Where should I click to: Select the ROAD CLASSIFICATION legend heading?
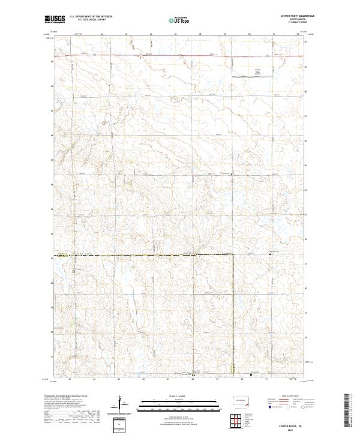click(289, 397)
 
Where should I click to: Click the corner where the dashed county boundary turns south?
click(233, 255)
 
